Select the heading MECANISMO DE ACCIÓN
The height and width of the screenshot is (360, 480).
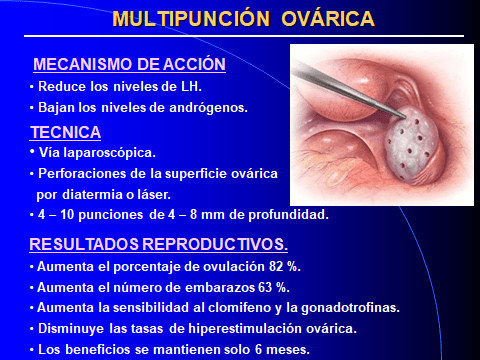[x=129, y=65]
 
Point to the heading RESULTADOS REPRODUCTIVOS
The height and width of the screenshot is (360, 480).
[x=158, y=245]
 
